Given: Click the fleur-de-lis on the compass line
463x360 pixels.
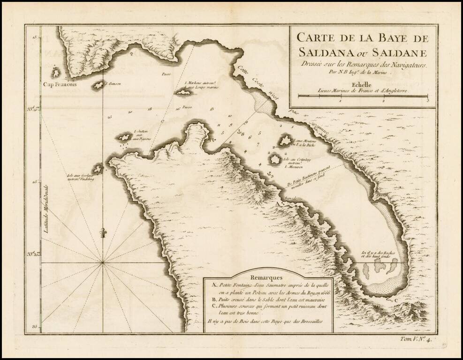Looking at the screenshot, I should pyautogui.click(x=102, y=232).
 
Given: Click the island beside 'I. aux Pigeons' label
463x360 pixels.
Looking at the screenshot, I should pyautogui.click(x=124, y=137).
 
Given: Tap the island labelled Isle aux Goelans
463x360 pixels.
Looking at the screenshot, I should pyautogui.click(x=98, y=169).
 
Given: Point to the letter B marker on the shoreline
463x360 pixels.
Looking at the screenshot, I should pyautogui.click(x=321, y=232).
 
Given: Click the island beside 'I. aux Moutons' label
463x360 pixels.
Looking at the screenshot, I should pyautogui.click(x=285, y=141).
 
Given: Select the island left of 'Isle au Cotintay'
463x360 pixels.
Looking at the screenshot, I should pyautogui.click(x=275, y=159).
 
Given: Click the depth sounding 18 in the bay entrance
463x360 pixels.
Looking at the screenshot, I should pyautogui.click(x=150, y=109).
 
